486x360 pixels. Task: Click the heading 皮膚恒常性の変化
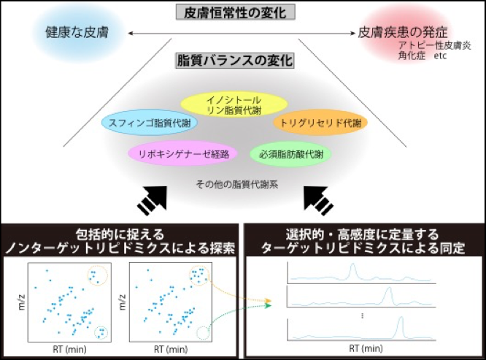coord(235,12)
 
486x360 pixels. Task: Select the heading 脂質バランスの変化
coord(235,60)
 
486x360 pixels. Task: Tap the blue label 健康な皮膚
coord(77,32)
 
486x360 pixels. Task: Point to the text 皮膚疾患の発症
coord(403,32)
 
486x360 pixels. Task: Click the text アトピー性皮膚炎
coord(434,45)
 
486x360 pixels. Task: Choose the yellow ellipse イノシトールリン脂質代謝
coord(234,105)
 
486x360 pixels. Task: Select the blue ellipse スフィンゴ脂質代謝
coord(150,123)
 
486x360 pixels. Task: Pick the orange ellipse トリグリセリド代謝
coord(320,123)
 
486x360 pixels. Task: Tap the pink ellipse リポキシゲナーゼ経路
coord(183,154)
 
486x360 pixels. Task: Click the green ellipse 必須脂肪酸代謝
coord(290,154)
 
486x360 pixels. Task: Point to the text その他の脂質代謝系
coord(237,185)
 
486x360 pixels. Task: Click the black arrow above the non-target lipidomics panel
coord(153,201)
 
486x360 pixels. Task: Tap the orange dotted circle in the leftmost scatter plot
coord(107,276)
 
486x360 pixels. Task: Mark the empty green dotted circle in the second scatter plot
coord(209,333)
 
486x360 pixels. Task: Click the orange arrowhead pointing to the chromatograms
coord(269,301)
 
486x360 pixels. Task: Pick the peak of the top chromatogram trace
coord(352,264)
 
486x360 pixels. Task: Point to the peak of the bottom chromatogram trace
coord(401,318)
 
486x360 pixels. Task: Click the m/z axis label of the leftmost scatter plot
coord(21,302)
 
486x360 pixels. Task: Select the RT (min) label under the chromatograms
coord(366,348)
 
